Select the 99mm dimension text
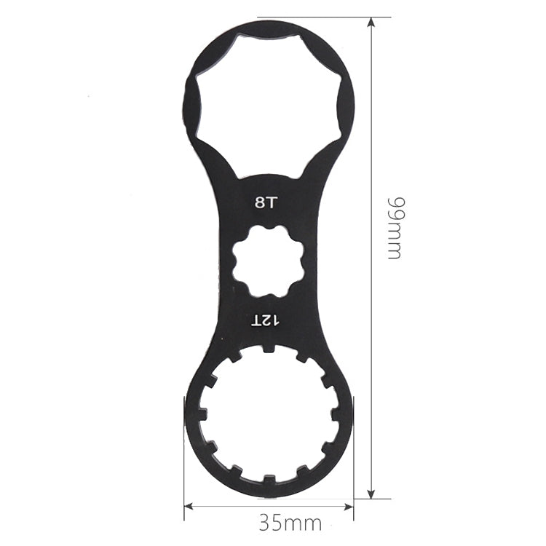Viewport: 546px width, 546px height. click(394, 228)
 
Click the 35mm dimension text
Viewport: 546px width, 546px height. click(290, 522)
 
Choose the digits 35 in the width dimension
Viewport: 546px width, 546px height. click(270, 522)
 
